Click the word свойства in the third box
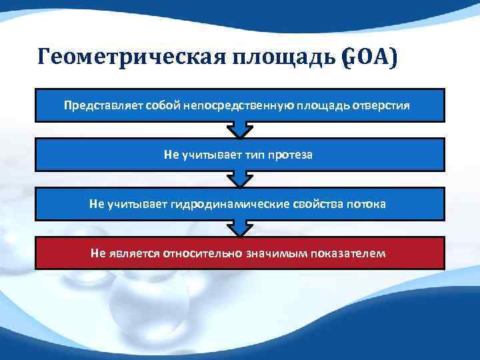point(315,204)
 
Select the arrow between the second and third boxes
point(240,179)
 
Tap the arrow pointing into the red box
point(240,229)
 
